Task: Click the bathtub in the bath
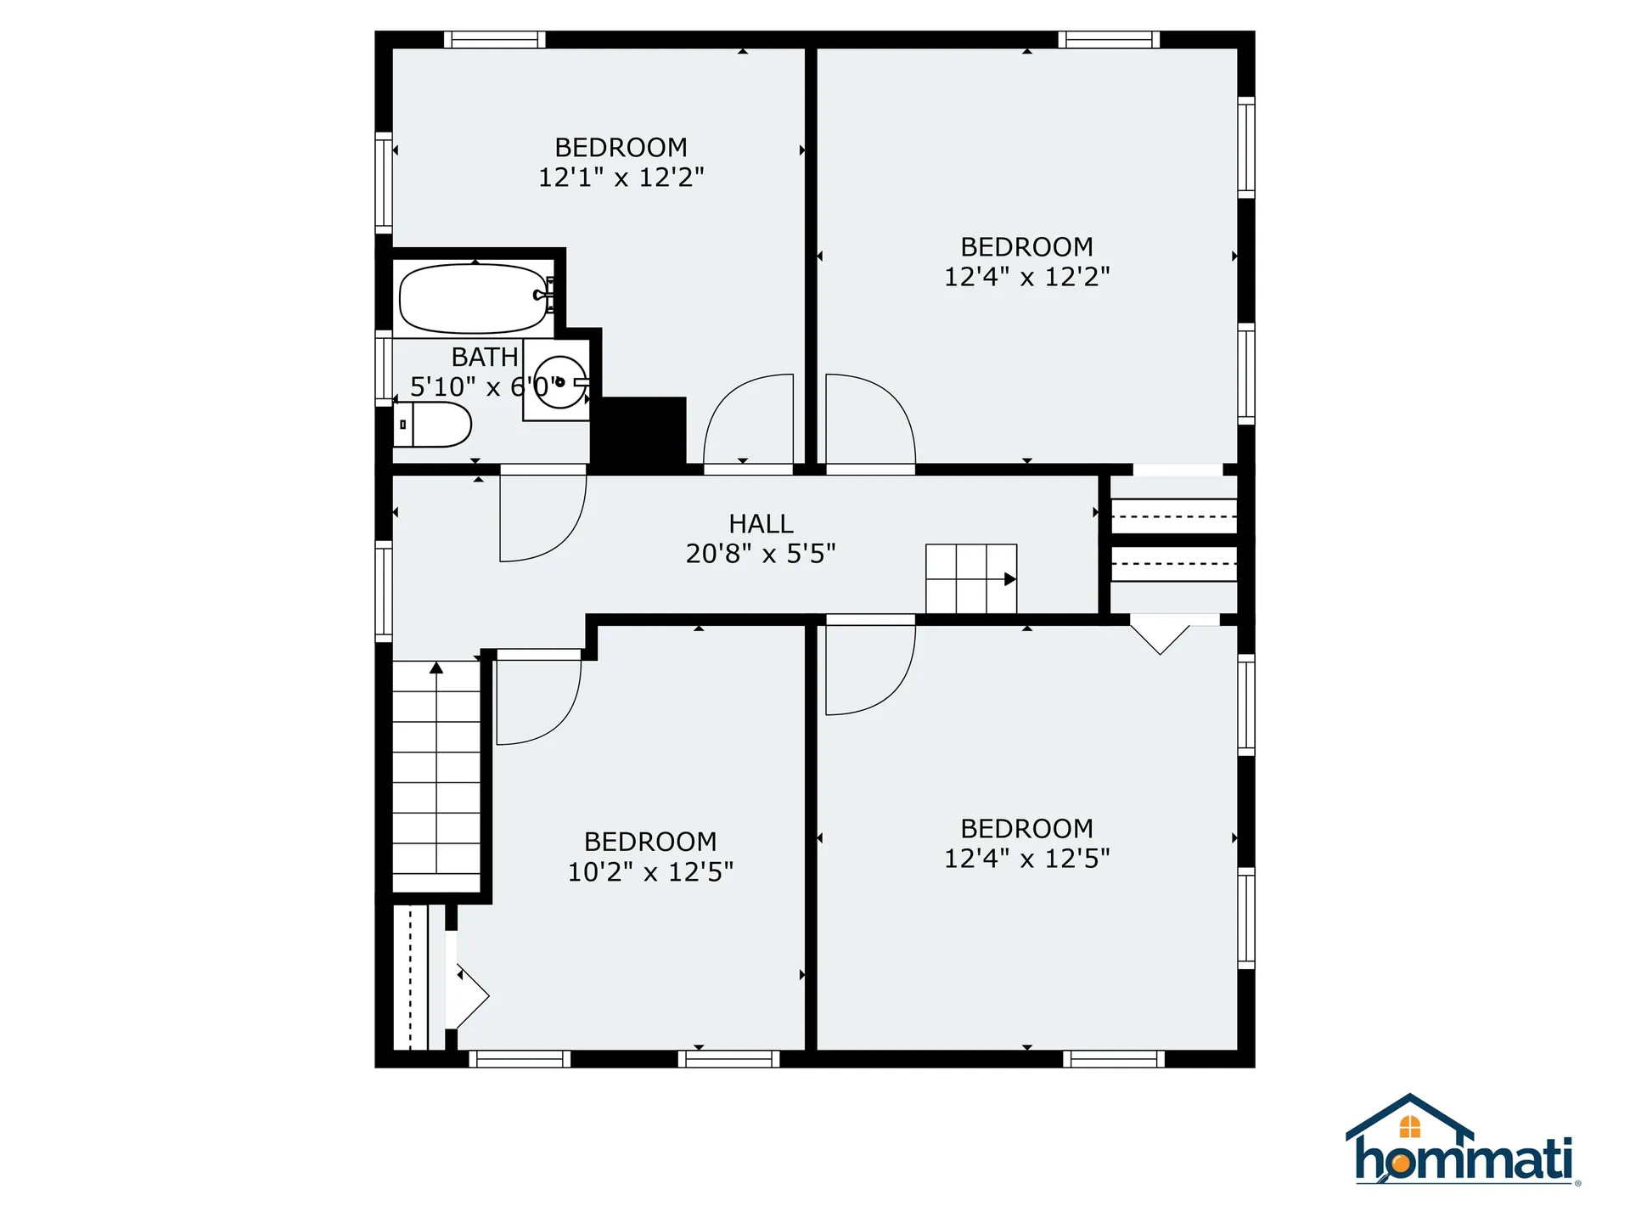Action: pyautogui.click(x=474, y=299)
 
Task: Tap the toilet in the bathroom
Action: pyautogui.click(x=433, y=424)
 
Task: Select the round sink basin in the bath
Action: pyautogui.click(x=560, y=382)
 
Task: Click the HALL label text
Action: pyautogui.click(x=761, y=524)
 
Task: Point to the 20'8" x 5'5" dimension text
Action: pyautogui.click(x=761, y=554)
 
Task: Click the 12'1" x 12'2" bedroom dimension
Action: pyautogui.click(x=621, y=178)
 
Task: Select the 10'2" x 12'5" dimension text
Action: pyautogui.click(x=650, y=872)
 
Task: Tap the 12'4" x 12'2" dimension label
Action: pyautogui.click(x=1027, y=277)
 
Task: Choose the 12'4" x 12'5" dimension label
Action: pyautogui.click(x=1027, y=859)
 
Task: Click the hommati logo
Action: pyautogui.click(x=1463, y=1142)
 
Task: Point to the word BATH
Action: pyautogui.click(x=485, y=357)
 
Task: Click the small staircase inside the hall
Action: pyautogui.click(x=971, y=578)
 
